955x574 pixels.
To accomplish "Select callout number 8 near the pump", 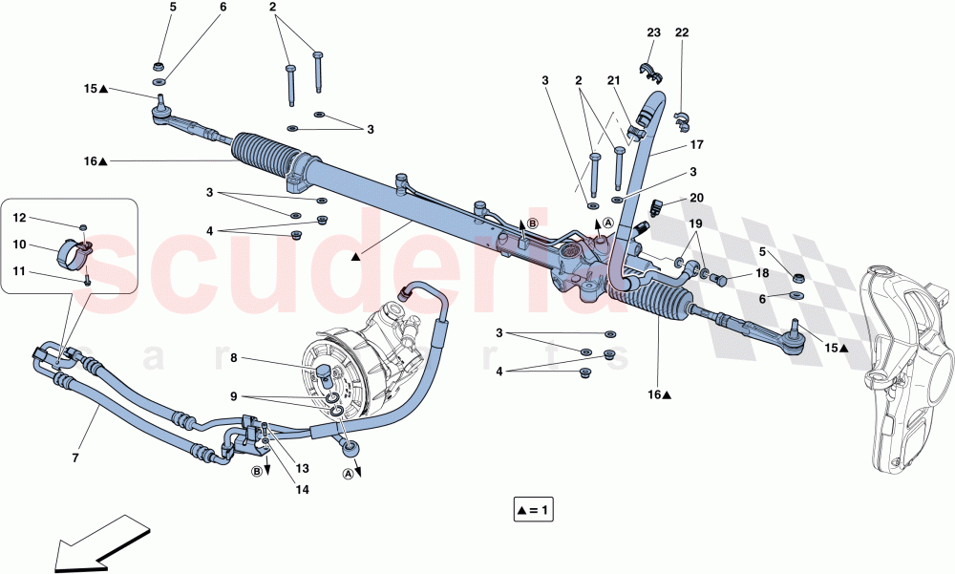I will tap(233, 359).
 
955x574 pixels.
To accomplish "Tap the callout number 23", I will tap(653, 32).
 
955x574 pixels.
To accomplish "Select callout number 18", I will tap(762, 273).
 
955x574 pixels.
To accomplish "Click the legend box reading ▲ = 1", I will tap(532, 510).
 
